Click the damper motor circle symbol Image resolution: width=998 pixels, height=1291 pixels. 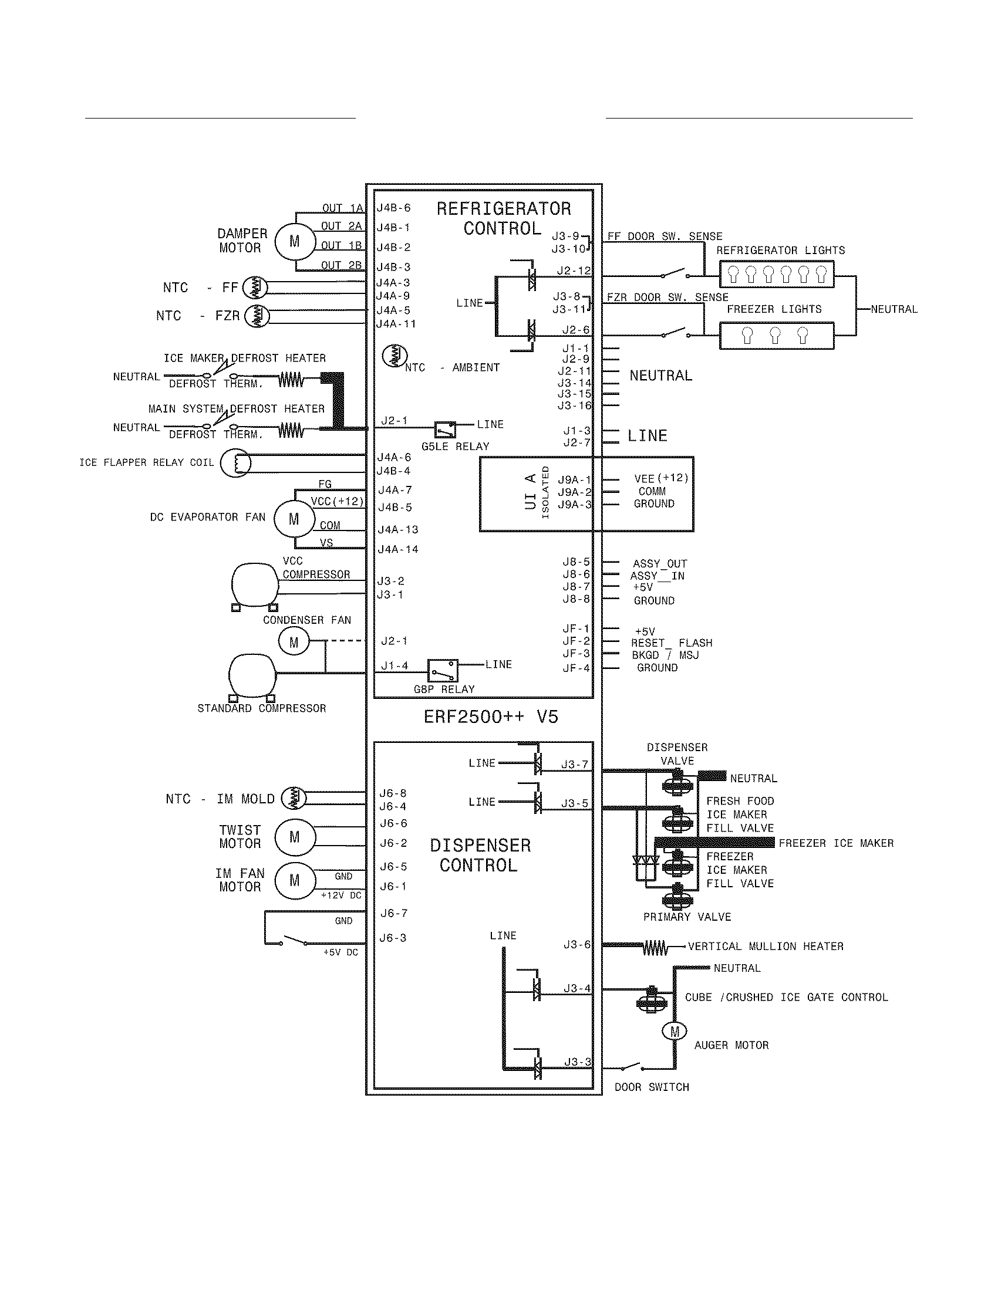coord(294,241)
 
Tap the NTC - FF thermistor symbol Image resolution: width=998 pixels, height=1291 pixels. coord(255,288)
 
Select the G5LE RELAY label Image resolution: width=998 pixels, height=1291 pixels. coord(454,447)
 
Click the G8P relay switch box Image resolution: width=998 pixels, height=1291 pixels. coord(442,670)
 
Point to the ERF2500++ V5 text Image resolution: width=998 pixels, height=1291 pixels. coord(490,717)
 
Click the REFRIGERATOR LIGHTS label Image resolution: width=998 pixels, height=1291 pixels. coord(780,250)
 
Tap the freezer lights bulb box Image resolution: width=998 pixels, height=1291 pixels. coord(776,336)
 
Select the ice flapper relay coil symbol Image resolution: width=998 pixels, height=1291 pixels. coord(235,463)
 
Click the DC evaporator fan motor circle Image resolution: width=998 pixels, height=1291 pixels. coord(294,519)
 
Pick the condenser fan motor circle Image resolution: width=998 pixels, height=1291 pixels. coord(294,643)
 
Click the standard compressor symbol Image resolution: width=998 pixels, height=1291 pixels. coord(252,677)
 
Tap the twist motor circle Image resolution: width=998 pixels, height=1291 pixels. coord(294,837)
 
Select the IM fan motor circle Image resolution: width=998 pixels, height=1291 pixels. coord(294,881)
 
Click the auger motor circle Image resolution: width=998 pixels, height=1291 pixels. coord(674,1032)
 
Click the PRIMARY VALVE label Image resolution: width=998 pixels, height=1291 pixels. coord(686,917)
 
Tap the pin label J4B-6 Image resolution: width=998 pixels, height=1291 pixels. coord(393,208)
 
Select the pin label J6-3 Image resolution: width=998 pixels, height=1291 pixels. coord(393,938)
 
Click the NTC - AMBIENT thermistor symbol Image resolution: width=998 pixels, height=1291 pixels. coord(395,355)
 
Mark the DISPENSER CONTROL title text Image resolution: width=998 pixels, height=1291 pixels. coord(480,855)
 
